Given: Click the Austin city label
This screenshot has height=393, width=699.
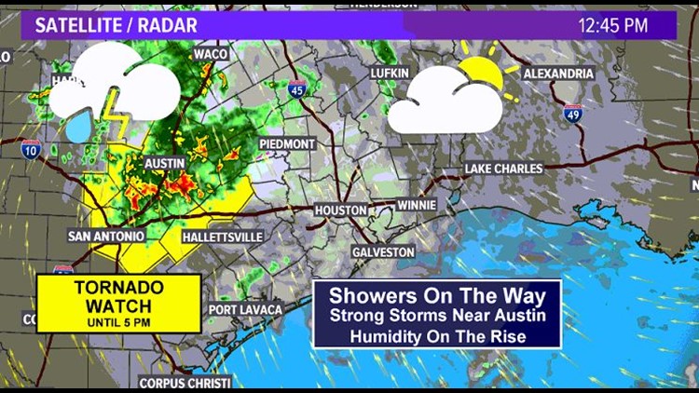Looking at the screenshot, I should click(165, 163).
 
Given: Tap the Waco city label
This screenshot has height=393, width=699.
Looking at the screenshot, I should click(211, 54).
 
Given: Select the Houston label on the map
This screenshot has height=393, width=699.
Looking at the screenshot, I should click(340, 210).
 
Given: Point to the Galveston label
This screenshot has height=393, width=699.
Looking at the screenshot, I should click(383, 252).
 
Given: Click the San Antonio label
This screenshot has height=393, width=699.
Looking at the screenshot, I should click(106, 237).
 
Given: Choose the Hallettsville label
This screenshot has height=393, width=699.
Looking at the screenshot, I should click(204, 237).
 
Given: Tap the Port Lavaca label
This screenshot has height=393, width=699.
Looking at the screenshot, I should click(245, 309).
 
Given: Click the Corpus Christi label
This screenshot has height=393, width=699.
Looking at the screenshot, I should click(184, 382).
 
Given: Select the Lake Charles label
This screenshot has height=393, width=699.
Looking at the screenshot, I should click(503, 169).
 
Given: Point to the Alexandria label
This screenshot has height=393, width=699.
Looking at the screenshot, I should click(558, 73).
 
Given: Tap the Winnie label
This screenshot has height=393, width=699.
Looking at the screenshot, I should click(416, 204).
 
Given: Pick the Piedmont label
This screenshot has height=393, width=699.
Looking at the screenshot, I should click(286, 144).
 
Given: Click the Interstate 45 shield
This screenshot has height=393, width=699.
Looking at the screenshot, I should click(295, 89).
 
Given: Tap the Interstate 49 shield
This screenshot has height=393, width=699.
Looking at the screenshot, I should click(573, 114).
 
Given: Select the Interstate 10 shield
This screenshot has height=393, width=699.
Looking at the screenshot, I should click(30, 147).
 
